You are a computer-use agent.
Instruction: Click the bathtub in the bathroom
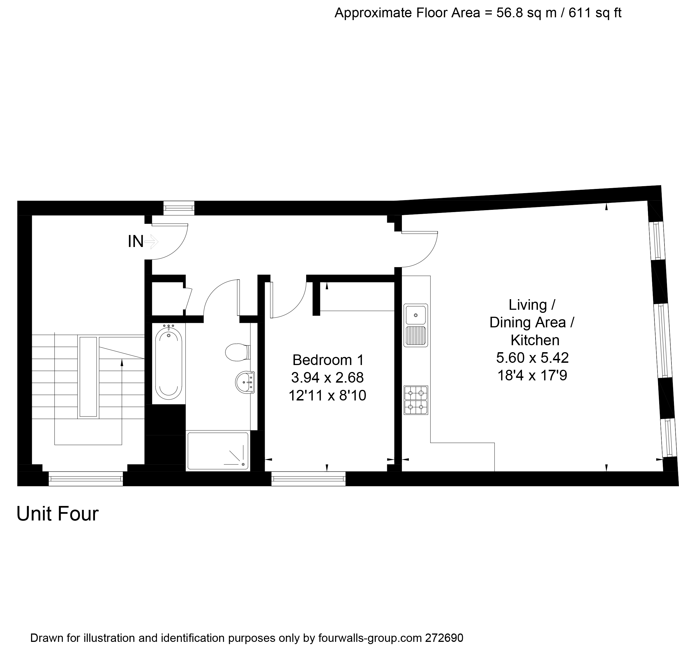click(x=168, y=363)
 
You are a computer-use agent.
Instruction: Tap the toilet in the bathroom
click(x=237, y=352)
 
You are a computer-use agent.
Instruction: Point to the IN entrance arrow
click(x=151, y=241)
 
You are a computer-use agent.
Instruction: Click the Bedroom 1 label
click(x=328, y=360)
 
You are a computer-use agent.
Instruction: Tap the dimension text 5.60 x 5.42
click(x=532, y=357)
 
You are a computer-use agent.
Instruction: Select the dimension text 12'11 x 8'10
click(x=327, y=395)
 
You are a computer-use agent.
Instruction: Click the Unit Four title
click(x=57, y=514)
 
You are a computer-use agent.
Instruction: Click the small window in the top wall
click(x=179, y=208)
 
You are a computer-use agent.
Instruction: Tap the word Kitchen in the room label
click(x=535, y=340)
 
